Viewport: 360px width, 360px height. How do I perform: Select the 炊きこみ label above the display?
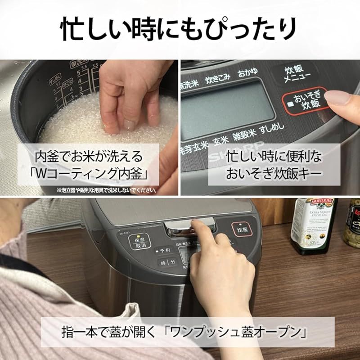pos(217,77)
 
